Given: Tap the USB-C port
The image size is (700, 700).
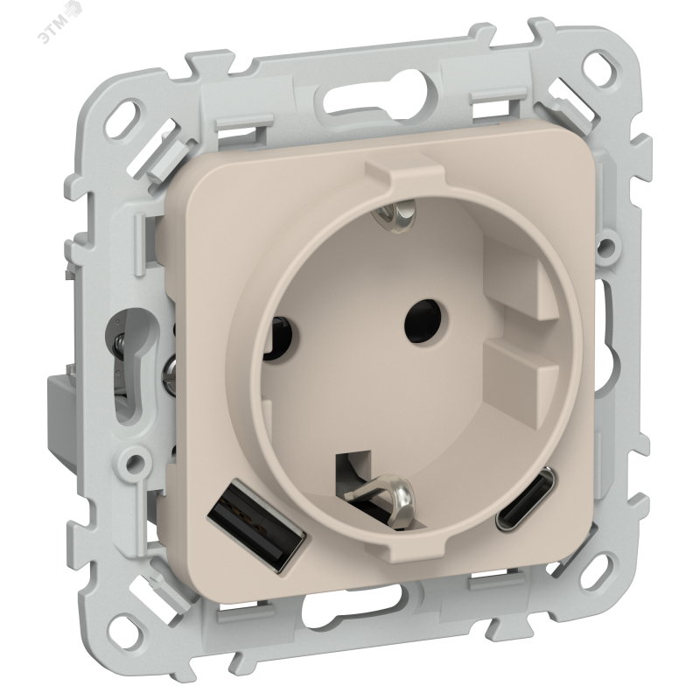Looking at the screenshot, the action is (526, 499).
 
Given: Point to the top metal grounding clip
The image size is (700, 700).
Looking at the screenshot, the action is (397, 212).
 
